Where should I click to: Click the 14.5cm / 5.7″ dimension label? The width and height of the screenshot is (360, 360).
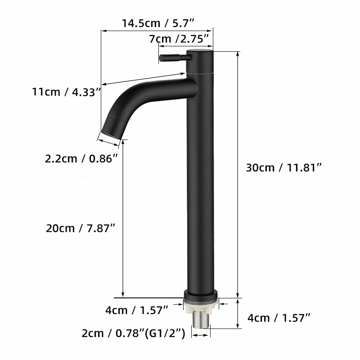point(158,23)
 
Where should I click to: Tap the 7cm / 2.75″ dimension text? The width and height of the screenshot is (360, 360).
point(179,39)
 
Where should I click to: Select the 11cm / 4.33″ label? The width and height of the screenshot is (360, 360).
point(66,92)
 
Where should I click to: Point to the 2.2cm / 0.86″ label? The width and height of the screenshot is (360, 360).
point(81,158)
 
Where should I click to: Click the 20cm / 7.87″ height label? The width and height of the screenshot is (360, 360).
point(81,228)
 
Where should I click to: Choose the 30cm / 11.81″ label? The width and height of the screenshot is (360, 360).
point(284,167)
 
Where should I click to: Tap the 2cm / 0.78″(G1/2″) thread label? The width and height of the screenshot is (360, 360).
point(133,333)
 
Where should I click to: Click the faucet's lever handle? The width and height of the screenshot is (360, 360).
point(174,58)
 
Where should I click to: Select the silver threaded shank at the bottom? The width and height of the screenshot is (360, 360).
point(201,320)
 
